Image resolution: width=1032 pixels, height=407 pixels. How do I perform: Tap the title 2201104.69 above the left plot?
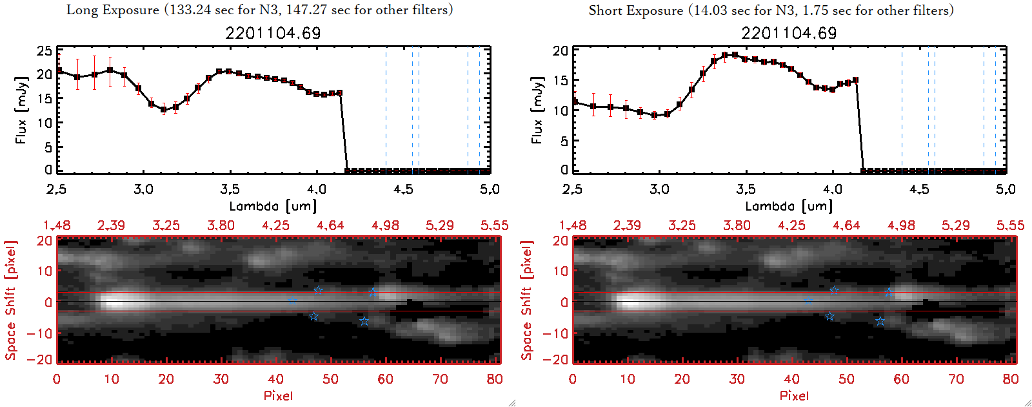click(273, 33)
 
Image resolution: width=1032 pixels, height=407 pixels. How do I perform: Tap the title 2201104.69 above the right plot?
click(789, 33)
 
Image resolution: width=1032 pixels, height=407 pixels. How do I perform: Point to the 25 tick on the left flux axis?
click(45, 51)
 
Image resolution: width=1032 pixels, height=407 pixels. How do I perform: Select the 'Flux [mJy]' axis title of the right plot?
click(537, 110)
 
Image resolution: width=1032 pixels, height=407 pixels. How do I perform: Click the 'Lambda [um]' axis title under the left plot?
click(273, 206)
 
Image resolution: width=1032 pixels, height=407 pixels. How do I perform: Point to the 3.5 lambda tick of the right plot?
click(746, 189)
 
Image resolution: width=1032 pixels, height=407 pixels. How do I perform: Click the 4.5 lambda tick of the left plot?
click(403, 189)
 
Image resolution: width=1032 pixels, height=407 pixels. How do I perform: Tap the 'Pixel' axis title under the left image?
click(278, 395)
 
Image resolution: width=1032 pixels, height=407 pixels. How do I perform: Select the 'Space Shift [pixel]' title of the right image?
click(527, 300)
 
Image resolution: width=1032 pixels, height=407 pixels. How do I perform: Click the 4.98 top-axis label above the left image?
click(385, 225)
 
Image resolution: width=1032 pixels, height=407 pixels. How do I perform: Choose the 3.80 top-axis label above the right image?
click(737, 225)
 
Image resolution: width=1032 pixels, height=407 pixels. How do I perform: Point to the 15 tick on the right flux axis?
click(561, 80)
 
